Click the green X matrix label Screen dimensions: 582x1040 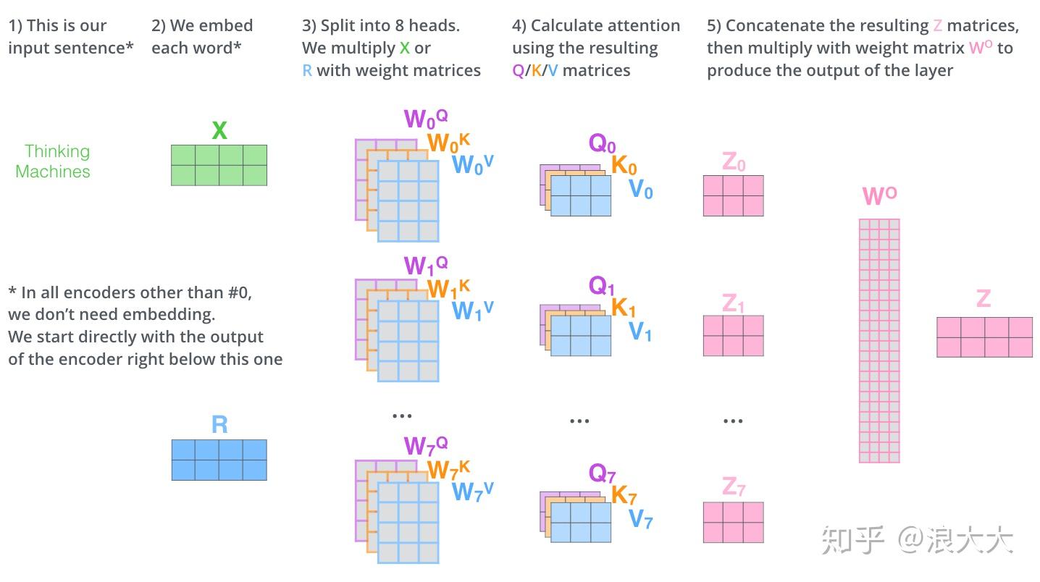[219, 131]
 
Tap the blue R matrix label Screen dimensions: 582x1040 [219, 425]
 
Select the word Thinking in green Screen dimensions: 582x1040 [57, 151]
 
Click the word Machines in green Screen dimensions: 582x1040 [53, 172]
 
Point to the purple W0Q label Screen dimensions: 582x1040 [425, 118]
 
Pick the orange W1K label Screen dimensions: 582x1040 [448, 289]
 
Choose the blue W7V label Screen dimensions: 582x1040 [472, 491]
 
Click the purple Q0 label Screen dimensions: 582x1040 [602, 143]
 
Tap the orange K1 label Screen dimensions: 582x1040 [624, 308]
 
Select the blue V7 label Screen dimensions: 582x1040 [640, 518]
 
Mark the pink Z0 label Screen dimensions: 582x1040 [733, 162]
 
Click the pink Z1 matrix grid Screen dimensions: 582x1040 [733, 336]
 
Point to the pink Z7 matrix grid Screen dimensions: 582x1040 [733, 522]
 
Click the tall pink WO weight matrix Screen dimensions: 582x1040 [878, 340]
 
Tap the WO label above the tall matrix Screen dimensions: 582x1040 [879, 196]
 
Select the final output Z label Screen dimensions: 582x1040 [983, 298]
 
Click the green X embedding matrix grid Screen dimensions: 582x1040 [219, 165]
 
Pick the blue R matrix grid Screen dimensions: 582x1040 [219, 460]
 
